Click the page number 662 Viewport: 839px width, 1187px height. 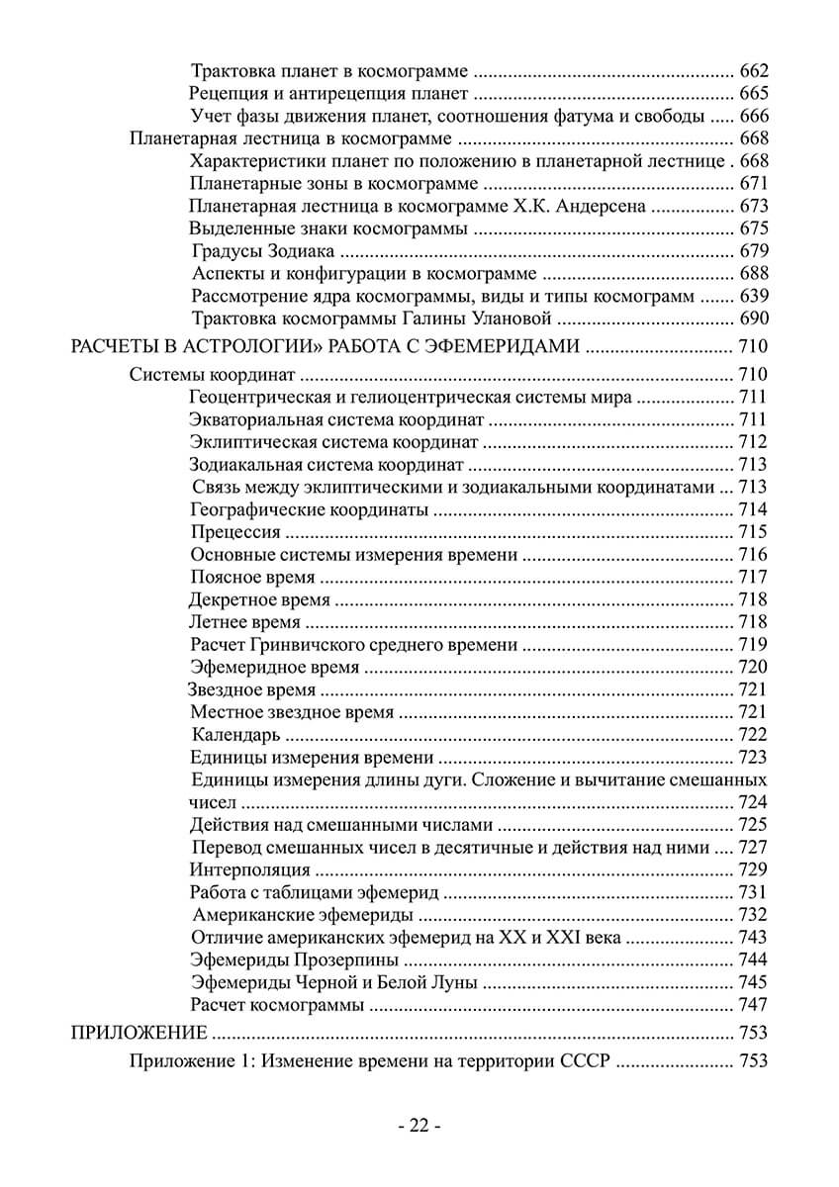pyautogui.click(x=754, y=71)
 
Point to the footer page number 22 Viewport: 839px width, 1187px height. pyautogui.click(x=419, y=1126)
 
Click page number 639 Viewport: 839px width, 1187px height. pyautogui.click(x=754, y=296)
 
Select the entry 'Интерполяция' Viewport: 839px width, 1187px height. pyautogui.click(x=249, y=869)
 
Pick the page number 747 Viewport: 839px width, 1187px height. pyautogui.click(x=754, y=1005)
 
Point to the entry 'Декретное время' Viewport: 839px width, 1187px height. pyautogui.click(x=259, y=599)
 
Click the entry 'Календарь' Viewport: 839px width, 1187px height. pyautogui.click(x=236, y=735)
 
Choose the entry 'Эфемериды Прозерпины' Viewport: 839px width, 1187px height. pyautogui.click(x=295, y=960)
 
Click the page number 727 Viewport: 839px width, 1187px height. pyautogui.click(x=754, y=847)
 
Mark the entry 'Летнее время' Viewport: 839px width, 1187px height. pyautogui.click(x=243, y=622)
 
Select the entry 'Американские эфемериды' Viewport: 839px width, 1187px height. pyautogui.click(x=297, y=915)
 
